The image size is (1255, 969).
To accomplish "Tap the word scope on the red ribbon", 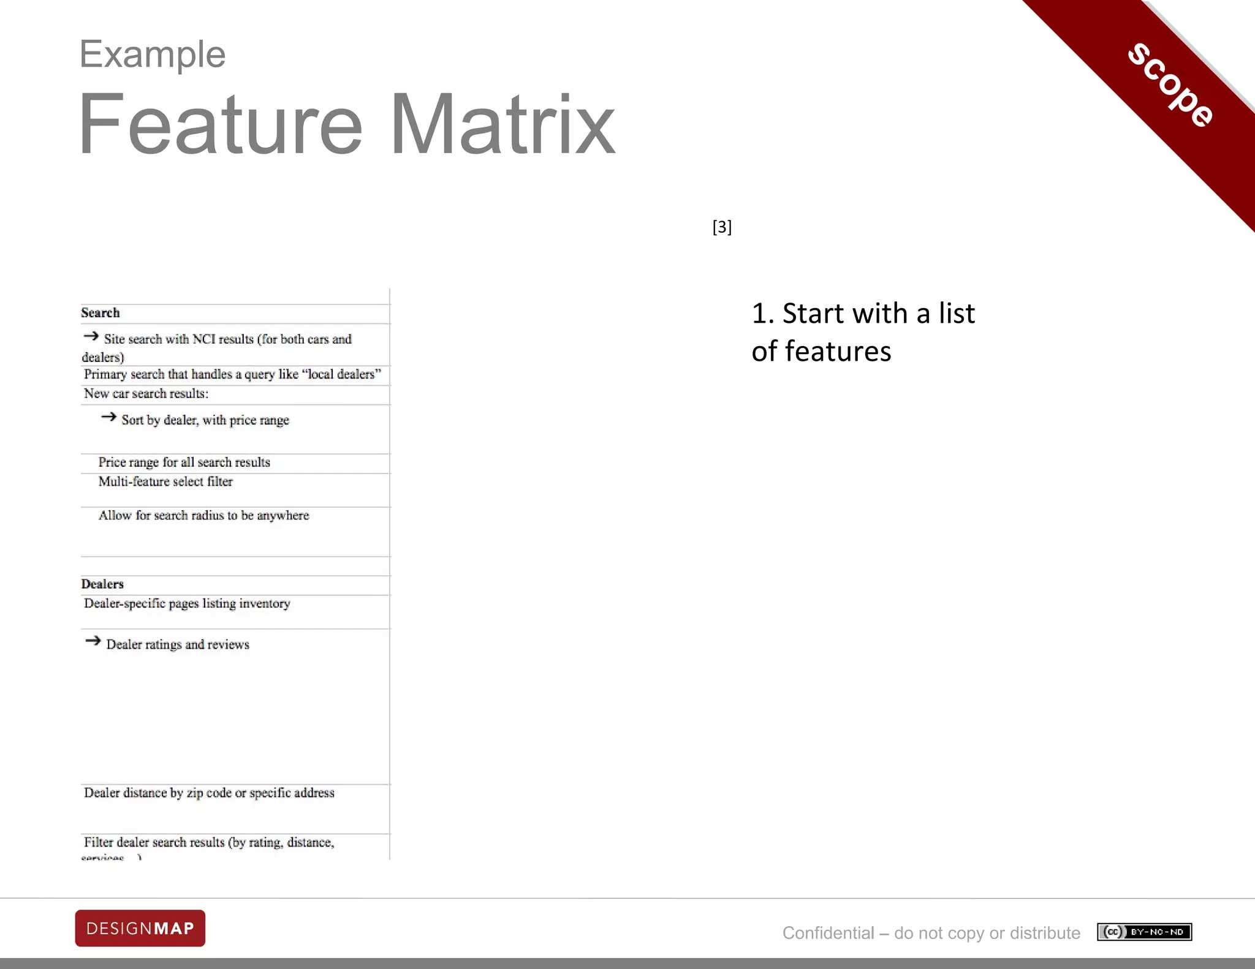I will tap(1171, 85).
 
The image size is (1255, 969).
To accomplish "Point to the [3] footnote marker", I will tap(722, 227).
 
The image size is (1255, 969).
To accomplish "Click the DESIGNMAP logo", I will tap(140, 928).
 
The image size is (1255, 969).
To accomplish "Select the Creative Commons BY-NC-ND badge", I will tap(1144, 932).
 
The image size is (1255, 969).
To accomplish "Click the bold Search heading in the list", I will tap(100, 313).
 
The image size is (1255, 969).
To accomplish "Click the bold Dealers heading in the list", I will tap(102, 584).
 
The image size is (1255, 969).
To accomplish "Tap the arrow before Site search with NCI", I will tap(91, 336).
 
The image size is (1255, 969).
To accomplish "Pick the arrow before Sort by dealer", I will tap(108, 417).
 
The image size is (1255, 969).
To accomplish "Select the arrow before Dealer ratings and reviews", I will tap(93, 641).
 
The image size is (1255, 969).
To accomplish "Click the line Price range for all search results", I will tap(184, 462).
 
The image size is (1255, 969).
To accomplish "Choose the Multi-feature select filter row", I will tap(165, 482).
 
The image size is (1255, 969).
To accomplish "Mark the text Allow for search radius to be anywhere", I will tap(203, 516).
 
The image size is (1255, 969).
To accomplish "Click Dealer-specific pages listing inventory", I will tap(187, 604).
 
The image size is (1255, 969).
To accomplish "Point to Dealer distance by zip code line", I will tap(209, 793).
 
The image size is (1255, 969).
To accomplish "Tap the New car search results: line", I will tap(146, 394).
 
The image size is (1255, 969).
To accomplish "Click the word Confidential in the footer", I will tap(828, 933).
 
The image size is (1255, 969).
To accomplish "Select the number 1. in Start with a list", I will tap(763, 314).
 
